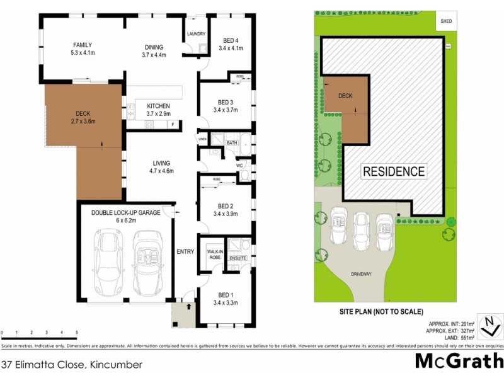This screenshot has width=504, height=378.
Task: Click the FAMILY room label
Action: [x=83, y=45]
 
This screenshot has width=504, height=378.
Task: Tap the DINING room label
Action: [x=153, y=47]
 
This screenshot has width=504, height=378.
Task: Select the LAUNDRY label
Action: [x=195, y=34]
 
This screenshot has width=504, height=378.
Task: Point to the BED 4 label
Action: [x=231, y=41]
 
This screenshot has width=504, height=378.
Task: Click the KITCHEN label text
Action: [x=158, y=106]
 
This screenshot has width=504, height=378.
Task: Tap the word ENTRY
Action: [x=185, y=252]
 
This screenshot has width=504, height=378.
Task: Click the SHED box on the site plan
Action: [x=447, y=20]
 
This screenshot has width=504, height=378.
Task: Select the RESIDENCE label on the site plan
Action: [x=393, y=171]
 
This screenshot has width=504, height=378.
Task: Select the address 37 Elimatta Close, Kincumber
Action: [x=71, y=365]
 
